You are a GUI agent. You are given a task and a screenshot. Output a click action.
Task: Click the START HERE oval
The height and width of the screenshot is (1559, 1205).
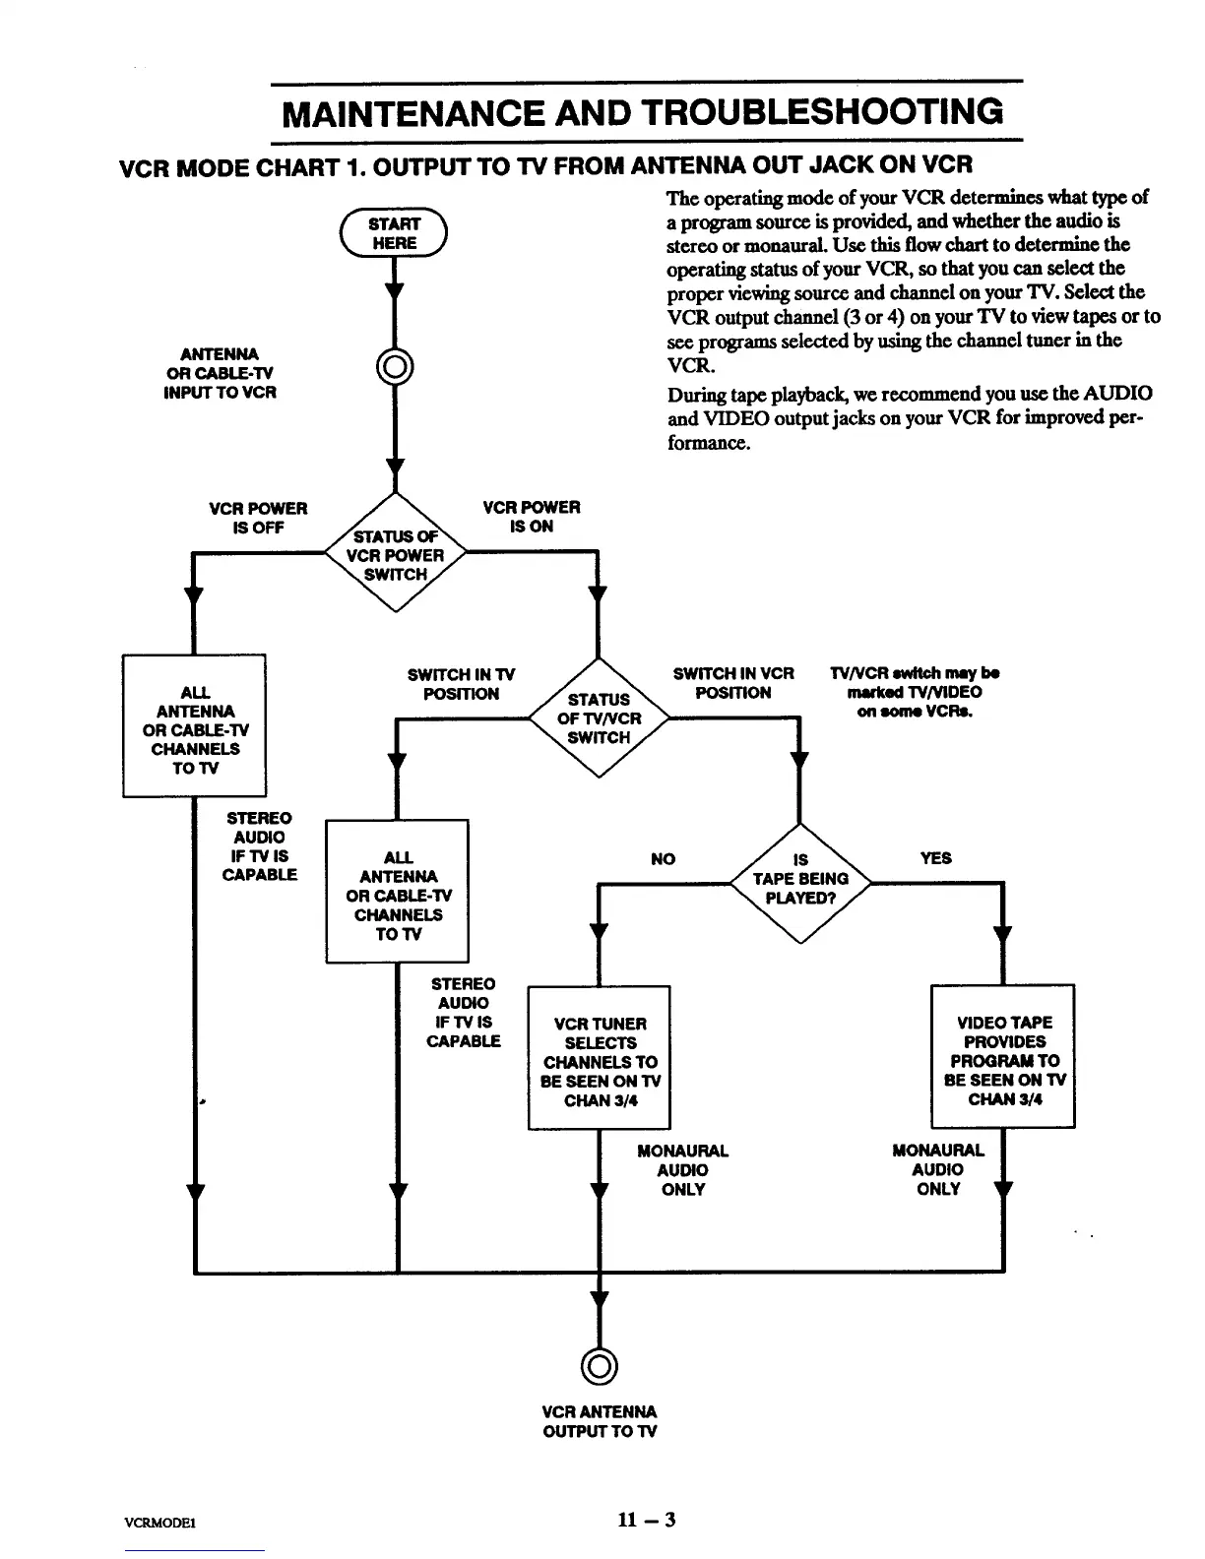click(x=393, y=234)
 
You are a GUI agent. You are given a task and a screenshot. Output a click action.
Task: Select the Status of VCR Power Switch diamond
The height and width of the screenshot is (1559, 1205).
click(x=395, y=555)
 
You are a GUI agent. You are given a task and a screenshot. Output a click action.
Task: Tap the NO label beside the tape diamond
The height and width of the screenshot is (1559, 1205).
click(x=664, y=859)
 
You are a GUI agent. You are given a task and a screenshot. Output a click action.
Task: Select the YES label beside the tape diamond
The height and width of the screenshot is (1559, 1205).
click(x=935, y=858)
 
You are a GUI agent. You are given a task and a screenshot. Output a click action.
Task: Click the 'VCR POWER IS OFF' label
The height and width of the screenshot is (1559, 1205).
click(x=258, y=518)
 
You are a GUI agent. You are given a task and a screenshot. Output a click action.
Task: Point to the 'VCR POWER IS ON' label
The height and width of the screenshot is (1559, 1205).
click(x=531, y=517)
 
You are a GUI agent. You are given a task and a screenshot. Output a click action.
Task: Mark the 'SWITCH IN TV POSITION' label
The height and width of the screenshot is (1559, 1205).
click(x=461, y=684)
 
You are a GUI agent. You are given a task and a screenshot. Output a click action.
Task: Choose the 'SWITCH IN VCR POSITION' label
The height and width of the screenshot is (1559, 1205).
click(x=733, y=683)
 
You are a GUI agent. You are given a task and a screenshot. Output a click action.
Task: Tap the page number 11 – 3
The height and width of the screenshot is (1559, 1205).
click(x=646, y=1519)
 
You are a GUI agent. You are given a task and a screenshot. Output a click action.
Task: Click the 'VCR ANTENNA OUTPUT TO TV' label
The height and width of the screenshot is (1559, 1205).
click(x=600, y=1421)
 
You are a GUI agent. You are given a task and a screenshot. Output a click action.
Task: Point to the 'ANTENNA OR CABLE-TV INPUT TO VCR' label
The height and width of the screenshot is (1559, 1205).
click(x=221, y=373)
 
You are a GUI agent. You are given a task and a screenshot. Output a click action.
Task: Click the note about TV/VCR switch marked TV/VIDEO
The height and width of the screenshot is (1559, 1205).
click(x=915, y=692)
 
